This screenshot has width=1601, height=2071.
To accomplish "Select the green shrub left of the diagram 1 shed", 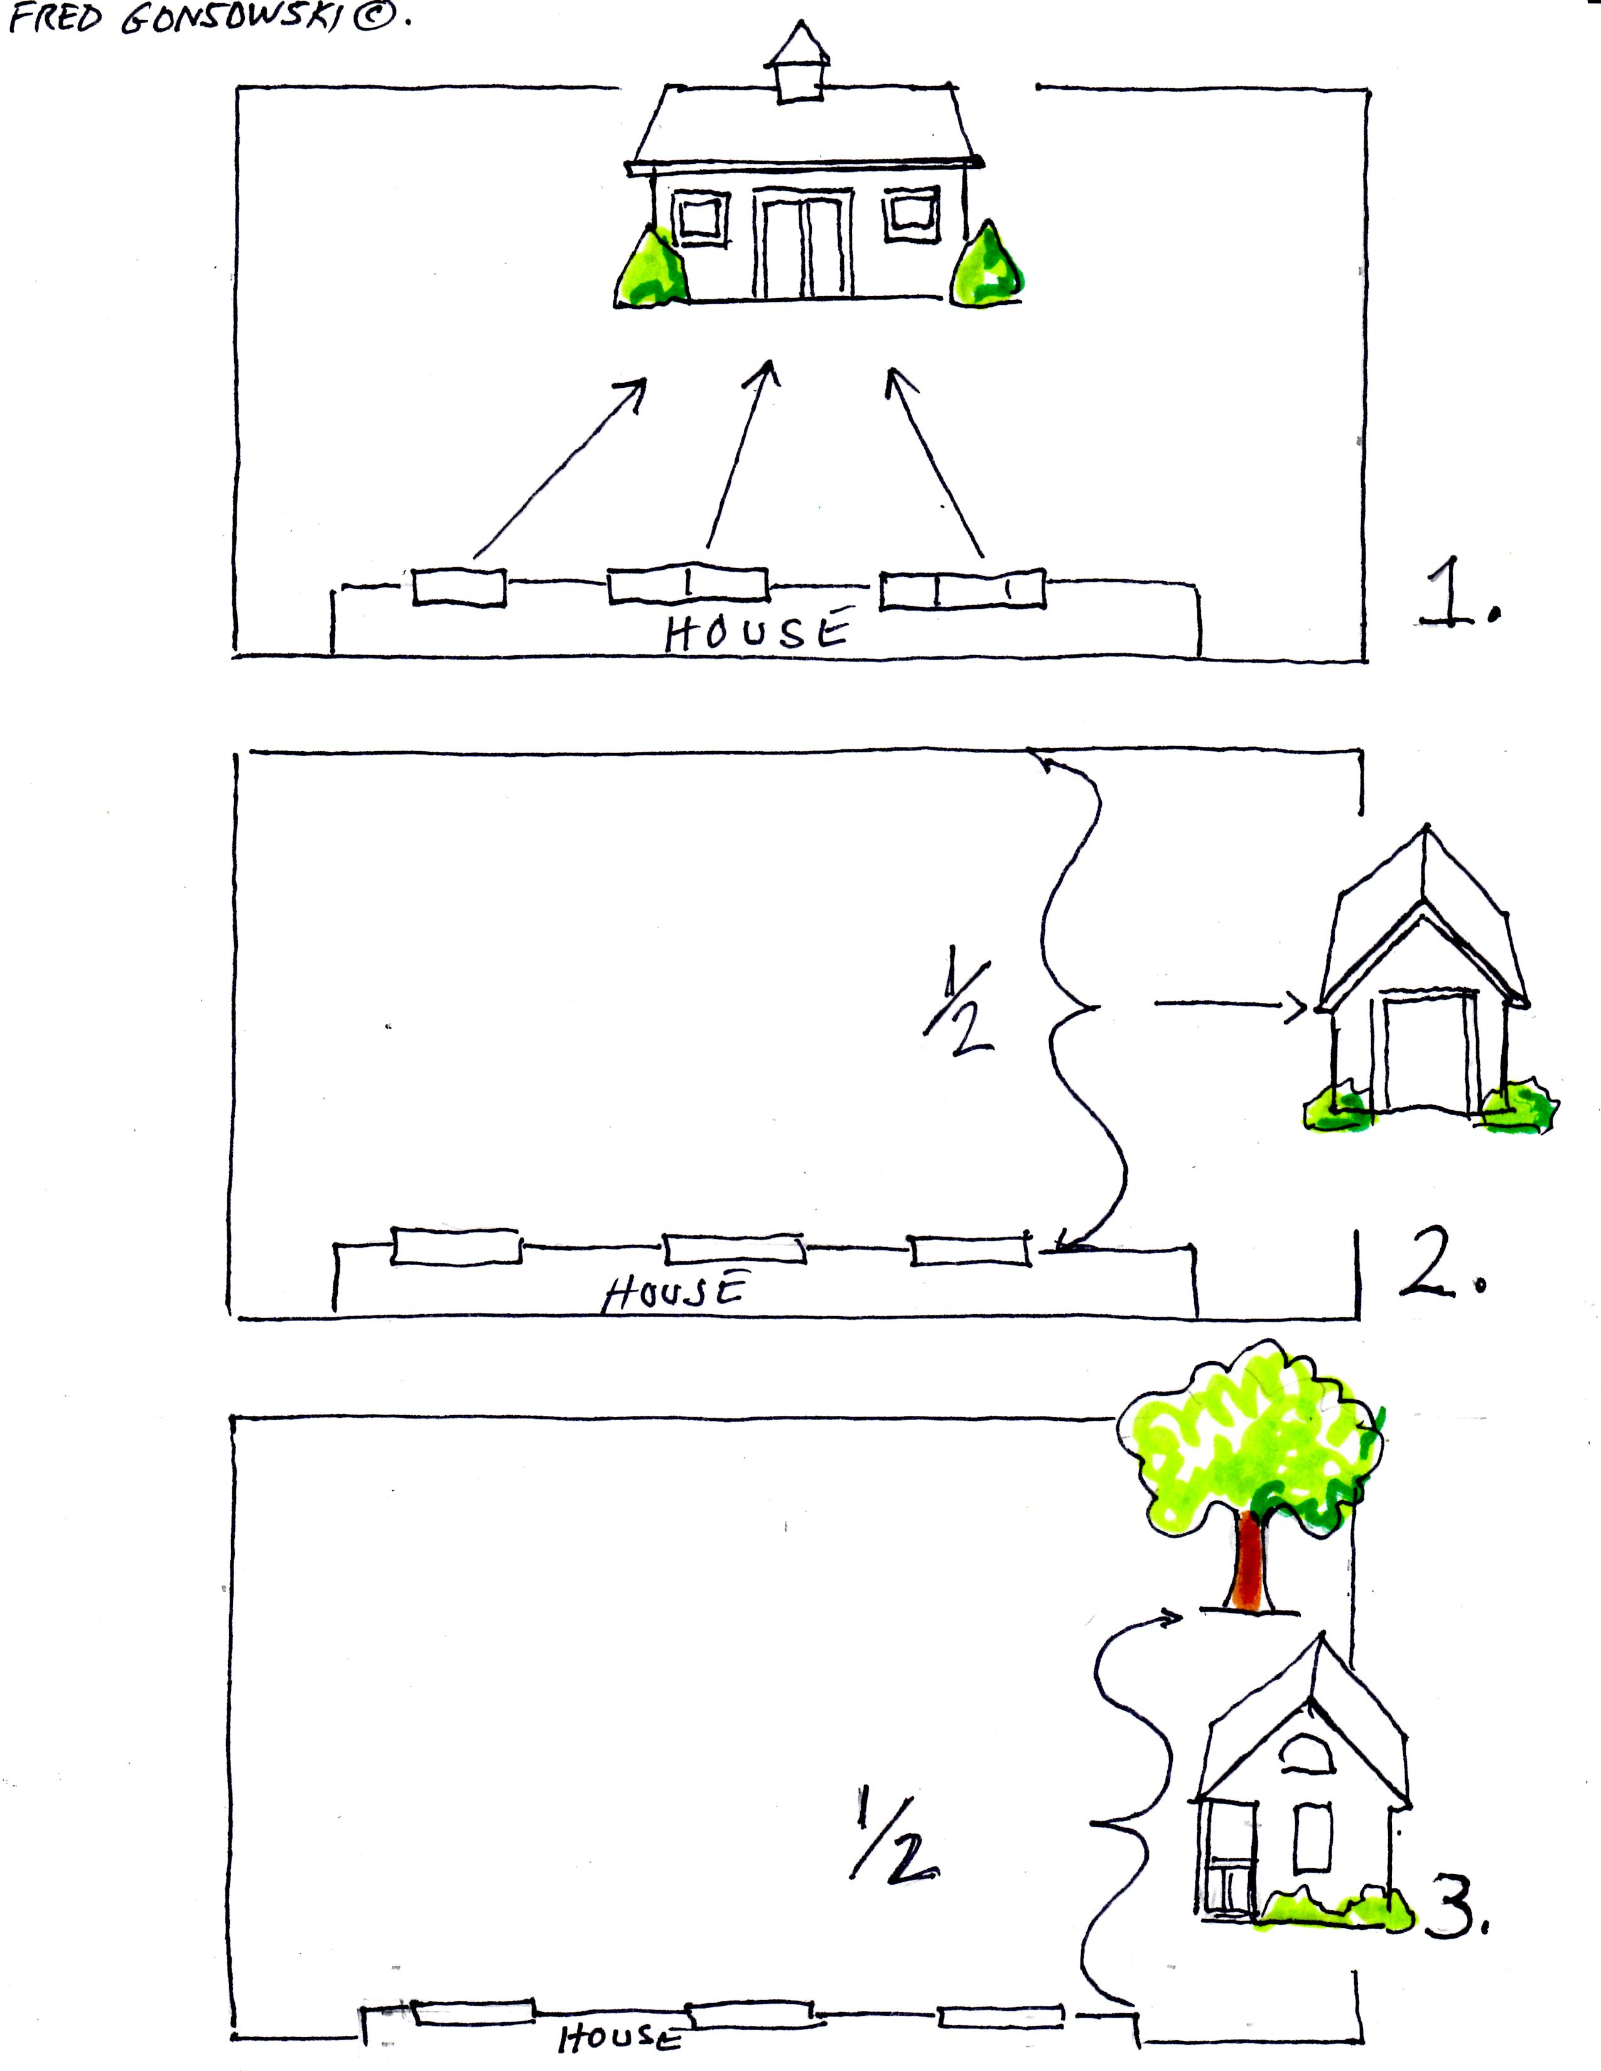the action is click(x=652, y=267).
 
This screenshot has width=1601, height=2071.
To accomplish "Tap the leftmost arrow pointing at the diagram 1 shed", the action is click(x=559, y=468).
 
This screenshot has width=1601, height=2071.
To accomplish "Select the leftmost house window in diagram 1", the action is click(x=459, y=586).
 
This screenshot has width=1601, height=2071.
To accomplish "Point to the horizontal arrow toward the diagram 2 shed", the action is click(x=1231, y=1007).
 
